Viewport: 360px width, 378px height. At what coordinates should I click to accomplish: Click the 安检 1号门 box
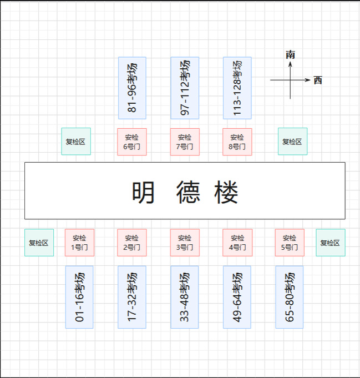tap(79, 243)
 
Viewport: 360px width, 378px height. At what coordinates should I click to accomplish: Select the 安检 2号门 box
tap(132, 243)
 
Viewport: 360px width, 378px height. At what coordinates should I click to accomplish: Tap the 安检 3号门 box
tap(185, 243)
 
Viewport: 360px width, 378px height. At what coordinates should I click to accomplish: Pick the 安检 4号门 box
tap(237, 243)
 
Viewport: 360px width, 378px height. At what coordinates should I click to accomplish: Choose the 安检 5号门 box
tap(290, 243)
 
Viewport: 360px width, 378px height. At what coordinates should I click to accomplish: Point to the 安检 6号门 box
tap(132, 142)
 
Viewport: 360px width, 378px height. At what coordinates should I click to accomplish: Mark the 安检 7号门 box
tap(185, 142)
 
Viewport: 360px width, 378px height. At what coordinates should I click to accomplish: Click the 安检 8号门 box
tap(237, 142)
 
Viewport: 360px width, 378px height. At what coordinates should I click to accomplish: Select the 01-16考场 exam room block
tap(79, 297)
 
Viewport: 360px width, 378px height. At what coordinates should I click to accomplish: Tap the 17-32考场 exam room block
tap(132, 297)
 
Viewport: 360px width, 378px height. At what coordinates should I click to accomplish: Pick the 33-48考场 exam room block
tap(185, 297)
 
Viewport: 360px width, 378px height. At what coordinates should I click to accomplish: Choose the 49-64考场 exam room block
tap(237, 297)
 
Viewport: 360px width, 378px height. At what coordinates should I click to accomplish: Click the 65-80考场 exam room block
tap(290, 297)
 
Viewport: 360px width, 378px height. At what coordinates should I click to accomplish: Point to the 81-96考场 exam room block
tap(132, 88)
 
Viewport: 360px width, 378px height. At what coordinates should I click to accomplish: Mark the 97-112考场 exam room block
tap(185, 88)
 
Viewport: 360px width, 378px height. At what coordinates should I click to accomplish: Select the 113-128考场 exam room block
tap(237, 88)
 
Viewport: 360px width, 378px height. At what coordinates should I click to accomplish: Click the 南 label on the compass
tap(290, 54)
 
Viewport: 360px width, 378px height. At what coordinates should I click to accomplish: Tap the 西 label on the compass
tap(318, 80)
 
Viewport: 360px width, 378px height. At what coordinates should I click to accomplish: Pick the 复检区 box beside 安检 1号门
tap(39, 243)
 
